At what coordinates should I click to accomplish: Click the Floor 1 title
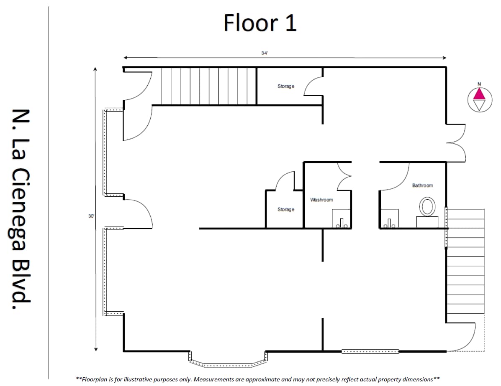coord(260,23)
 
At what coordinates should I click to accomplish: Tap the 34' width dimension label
coord(264,53)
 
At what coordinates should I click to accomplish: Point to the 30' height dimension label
coord(91,216)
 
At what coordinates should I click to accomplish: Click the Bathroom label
coord(422,185)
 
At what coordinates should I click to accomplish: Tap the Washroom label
coord(321,200)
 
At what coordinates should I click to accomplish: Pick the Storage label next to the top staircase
coord(286,86)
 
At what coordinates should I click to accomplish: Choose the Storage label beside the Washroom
coord(286,209)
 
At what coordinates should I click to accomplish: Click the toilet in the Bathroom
coord(427,207)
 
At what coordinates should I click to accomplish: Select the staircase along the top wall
coord(208,86)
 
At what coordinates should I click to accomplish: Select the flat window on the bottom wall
coord(370,351)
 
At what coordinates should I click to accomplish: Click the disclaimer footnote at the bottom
coord(258,379)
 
